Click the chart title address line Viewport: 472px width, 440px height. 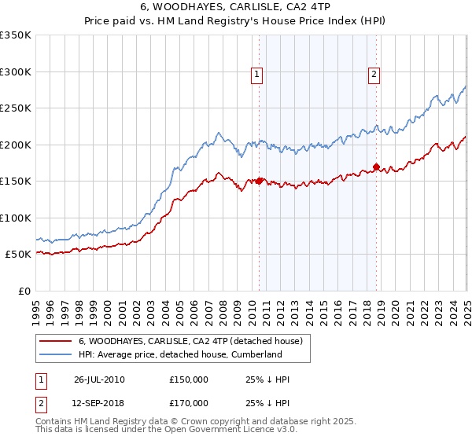point(235,9)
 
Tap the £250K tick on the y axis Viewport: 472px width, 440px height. point(16,108)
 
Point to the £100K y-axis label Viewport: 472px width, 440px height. point(16,218)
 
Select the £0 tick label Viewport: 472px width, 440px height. point(24,291)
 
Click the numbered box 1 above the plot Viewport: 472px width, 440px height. point(257,75)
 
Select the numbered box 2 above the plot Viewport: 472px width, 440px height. point(374,75)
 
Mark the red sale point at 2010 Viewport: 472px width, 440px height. point(260,181)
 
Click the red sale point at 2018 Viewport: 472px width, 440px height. point(377,167)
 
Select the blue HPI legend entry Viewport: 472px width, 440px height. point(179,354)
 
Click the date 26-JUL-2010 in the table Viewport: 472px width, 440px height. point(99,379)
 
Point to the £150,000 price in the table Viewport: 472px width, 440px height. point(189,379)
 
